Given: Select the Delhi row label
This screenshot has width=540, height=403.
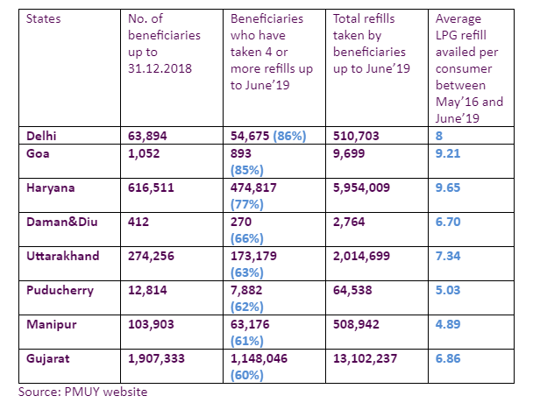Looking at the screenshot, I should [37, 136].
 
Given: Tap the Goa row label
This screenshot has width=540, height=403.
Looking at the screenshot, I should [32, 152].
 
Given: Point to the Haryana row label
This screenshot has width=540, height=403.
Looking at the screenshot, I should [45, 187].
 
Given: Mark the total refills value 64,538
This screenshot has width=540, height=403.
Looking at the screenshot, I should [357, 290].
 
